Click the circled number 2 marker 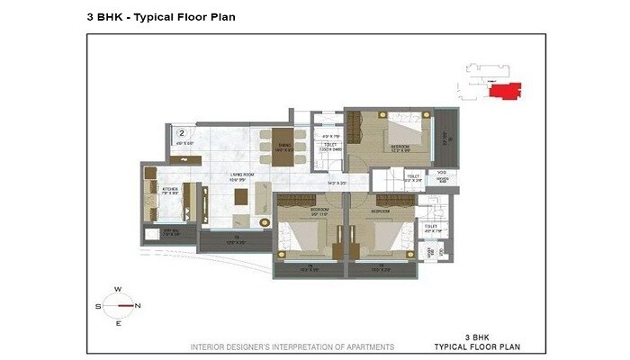tap(181, 134)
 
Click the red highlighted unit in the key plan tap(502, 90)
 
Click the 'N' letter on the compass tap(138, 306)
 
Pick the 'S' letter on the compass tap(96, 306)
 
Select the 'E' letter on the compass tap(117, 324)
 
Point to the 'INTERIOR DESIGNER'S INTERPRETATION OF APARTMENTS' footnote tap(292, 346)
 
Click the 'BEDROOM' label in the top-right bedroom tap(400, 145)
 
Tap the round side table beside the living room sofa tap(265, 220)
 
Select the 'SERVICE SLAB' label tap(442, 178)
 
